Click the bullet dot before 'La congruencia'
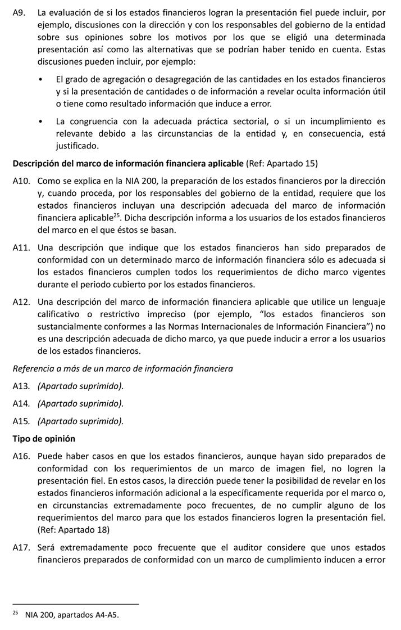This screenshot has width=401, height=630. pos(42,121)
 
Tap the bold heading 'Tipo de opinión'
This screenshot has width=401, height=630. pos(44,438)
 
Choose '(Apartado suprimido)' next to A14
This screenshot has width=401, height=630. pos(80,403)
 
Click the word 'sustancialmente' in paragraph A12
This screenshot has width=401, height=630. pos(70,327)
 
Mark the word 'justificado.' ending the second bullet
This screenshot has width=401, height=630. pos(77,146)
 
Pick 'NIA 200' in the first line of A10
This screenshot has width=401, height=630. pos(135,181)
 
